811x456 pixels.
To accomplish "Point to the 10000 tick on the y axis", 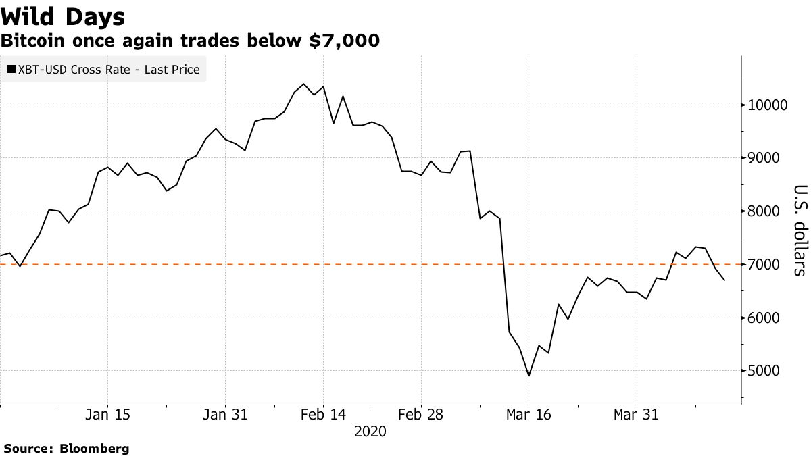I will pyautogui.click(x=767, y=105).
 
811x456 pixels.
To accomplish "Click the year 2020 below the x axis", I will pyautogui.click(x=370, y=432).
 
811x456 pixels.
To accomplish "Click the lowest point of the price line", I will pyautogui.click(x=529, y=376).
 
